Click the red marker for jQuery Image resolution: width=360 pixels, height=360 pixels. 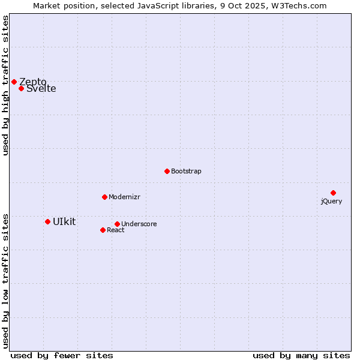click(x=333, y=193)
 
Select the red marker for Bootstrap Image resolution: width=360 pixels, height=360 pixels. click(x=167, y=171)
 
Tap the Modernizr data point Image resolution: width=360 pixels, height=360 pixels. click(x=104, y=197)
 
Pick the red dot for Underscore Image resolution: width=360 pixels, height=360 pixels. click(x=117, y=224)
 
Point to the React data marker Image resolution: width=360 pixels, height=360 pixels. click(x=103, y=230)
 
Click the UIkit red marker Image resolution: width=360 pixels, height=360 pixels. click(x=47, y=221)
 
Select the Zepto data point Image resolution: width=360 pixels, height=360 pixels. click(x=14, y=82)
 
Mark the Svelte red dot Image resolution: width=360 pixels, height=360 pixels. click(x=21, y=88)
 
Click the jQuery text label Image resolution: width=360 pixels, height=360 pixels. click(x=331, y=201)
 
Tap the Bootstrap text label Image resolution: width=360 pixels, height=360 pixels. click(x=186, y=171)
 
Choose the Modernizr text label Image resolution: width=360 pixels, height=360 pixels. click(x=124, y=197)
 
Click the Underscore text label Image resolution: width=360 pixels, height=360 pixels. click(x=139, y=224)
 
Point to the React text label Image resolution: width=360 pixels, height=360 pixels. click(x=116, y=230)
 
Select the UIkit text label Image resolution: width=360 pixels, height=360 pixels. click(x=64, y=221)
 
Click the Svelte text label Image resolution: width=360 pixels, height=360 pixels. click(x=41, y=89)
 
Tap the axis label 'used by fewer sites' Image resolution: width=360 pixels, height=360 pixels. click(x=62, y=355)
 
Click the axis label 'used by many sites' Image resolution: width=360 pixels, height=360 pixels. click(x=301, y=355)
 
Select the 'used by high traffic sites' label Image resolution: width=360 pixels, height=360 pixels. click(x=5, y=85)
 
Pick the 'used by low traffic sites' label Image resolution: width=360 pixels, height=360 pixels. click(x=5, y=280)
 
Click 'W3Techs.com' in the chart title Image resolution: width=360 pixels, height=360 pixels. click(x=298, y=5)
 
